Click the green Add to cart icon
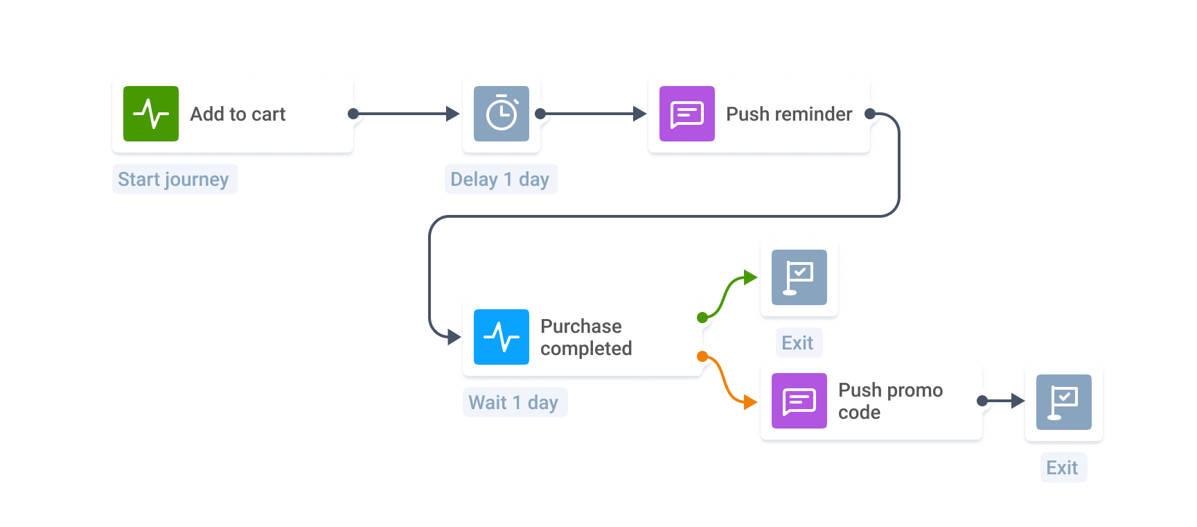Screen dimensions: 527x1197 [151, 114]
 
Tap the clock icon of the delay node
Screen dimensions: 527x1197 [502, 114]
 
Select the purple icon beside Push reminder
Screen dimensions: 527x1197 [687, 114]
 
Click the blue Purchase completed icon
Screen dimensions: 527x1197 [502, 337]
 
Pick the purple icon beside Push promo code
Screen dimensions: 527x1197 [799, 401]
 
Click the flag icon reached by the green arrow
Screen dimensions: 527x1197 [799, 277]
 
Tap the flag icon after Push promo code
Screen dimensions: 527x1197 [1064, 402]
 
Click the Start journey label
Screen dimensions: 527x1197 [174, 179]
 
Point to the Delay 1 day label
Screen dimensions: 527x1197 [500, 179]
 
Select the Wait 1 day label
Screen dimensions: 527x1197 [514, 402]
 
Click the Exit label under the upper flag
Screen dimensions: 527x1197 [798, 343]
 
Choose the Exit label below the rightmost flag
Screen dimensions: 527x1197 [1063, 467]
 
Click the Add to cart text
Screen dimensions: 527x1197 [238, 114]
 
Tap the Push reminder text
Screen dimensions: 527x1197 [789, 114]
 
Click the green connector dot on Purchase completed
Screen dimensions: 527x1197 [702, 318]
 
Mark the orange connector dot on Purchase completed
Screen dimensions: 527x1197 [702, 356]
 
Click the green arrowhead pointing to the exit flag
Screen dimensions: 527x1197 [750, 278]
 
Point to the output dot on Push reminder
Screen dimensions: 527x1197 [871, 114]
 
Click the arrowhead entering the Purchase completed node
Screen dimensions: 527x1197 [454, 337]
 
